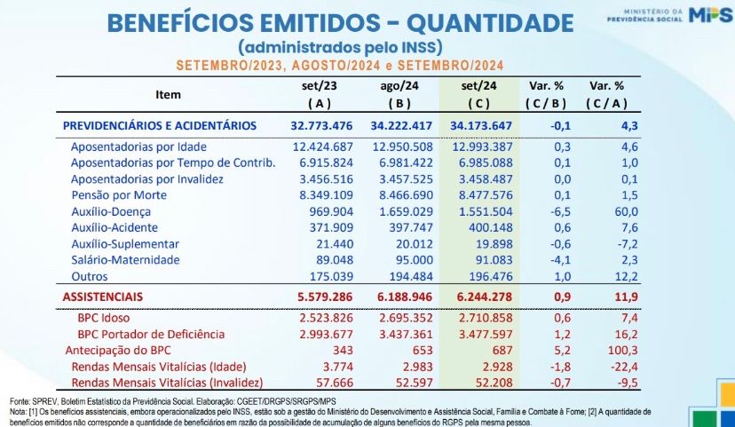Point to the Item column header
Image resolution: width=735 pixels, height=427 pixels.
pyautogui.click(x=168, y=94)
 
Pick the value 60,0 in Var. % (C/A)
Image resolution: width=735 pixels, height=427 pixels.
pyautogui.click(x=627, y=212)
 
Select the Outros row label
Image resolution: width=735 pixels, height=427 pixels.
pyautogui.click(x=91, y=276)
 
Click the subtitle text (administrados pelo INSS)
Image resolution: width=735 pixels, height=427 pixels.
pyautogui.click(x=339, y=46)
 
